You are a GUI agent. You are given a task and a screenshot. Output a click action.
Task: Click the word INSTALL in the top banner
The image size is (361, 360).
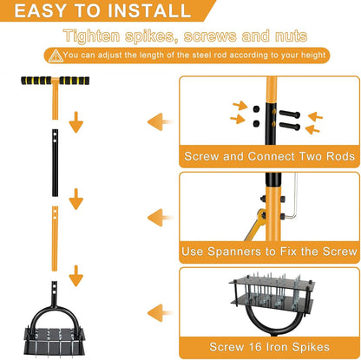[149, 10]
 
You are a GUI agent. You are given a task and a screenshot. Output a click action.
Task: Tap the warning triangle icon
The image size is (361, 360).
[56, 56]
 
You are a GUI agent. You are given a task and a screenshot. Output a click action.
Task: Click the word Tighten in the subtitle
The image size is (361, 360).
[91, 36]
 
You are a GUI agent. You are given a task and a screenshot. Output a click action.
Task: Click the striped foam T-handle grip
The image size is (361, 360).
[55, 81]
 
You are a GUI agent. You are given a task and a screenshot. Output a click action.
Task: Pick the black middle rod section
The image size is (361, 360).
[55, 163]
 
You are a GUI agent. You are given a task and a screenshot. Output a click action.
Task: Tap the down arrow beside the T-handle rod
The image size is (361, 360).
[76, 122]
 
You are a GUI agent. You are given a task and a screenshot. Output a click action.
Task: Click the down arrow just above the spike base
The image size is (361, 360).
[76, 276]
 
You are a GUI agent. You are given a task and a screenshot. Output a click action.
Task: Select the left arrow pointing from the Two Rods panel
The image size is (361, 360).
[160, 121]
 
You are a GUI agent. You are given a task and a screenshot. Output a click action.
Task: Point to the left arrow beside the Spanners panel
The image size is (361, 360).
[160, 218]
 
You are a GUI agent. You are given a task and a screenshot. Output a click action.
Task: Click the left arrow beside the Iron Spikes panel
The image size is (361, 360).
[160, 313]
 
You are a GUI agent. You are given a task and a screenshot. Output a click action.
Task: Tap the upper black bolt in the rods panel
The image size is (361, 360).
[290, 114]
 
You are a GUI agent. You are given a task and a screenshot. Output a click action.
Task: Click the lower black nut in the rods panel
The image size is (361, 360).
[256, 124]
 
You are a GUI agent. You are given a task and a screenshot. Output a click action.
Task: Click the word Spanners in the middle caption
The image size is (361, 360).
[234, 252]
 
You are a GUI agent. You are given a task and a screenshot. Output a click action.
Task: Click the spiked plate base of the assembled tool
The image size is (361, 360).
[55, 341]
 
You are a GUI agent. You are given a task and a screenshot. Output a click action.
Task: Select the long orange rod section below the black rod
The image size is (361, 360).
[55, 239]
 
